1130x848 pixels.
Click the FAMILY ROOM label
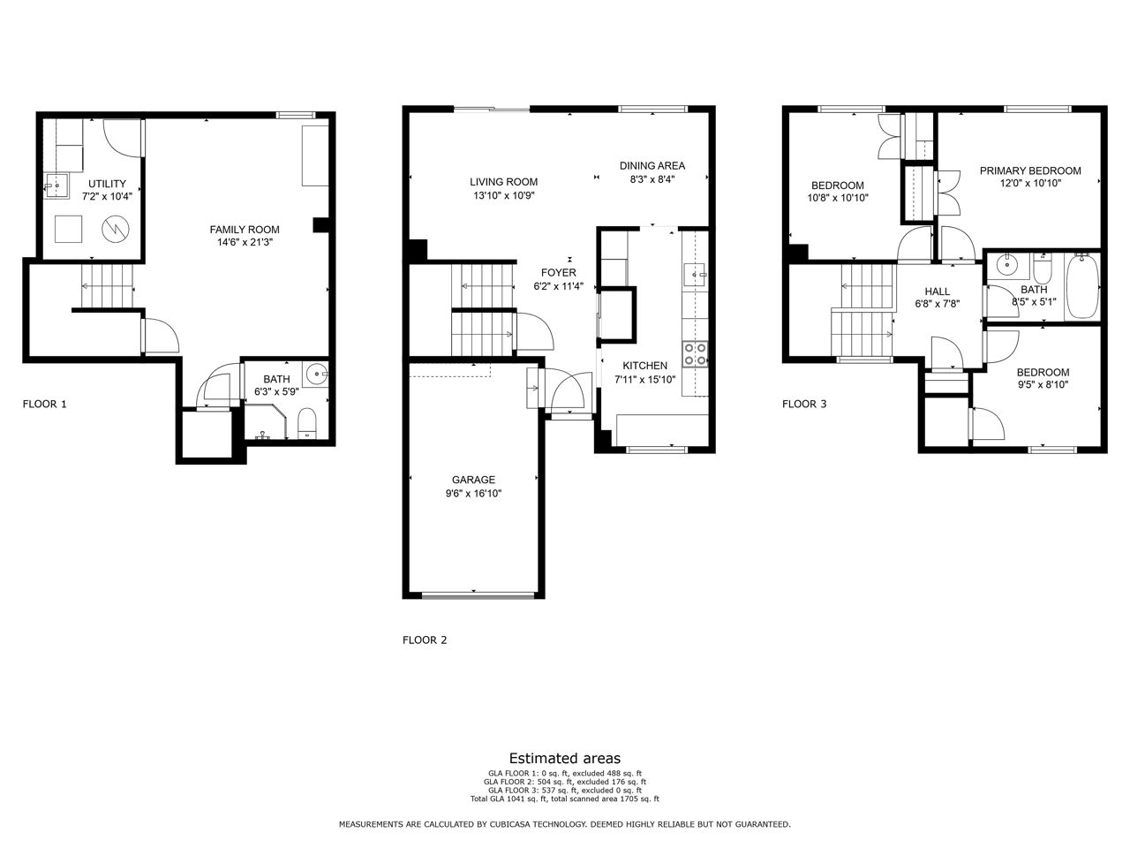click(x=245, y=230)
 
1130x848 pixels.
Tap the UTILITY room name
click(x=107, y=184)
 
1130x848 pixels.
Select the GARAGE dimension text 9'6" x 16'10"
click(x=473, y=493)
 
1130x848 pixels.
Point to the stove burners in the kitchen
click(x=695, y=354)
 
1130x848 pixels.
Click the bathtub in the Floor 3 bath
click(x=1081, y=286)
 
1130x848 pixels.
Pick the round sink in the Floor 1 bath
click(x=315, y=374)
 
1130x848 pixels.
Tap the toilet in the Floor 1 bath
click(x=307, y=423)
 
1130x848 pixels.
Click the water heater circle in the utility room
click(x=116, y=230)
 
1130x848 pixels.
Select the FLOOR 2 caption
click(x=425, y=640)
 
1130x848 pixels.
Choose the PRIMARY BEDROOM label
click(x=1030, y=171)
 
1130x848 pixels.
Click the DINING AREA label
click(x=652, y=166)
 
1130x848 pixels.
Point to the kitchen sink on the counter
click(x=695, y=275)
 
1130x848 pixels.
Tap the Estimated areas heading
click(x=565, y=759)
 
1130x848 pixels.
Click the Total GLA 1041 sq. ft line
click(x=565, y=799)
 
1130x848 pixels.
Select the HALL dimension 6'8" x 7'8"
click(x=937, y=304)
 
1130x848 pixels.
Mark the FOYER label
click(x=559, y=273)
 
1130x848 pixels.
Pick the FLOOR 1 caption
click(x=45, y=405)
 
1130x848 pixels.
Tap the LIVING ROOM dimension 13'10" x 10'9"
click(x=504, y=195)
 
